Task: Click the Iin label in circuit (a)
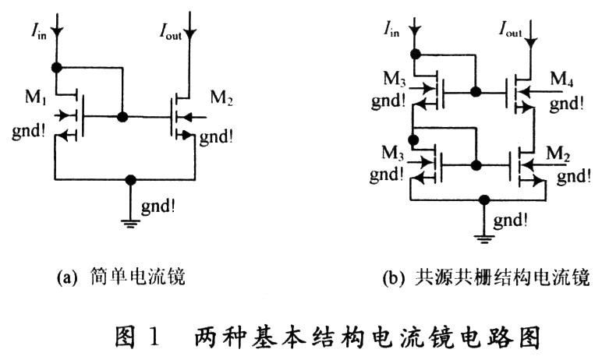tap(40, 31)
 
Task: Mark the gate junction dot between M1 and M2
tap(122, 118)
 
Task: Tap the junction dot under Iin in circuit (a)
tap(56, 67)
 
